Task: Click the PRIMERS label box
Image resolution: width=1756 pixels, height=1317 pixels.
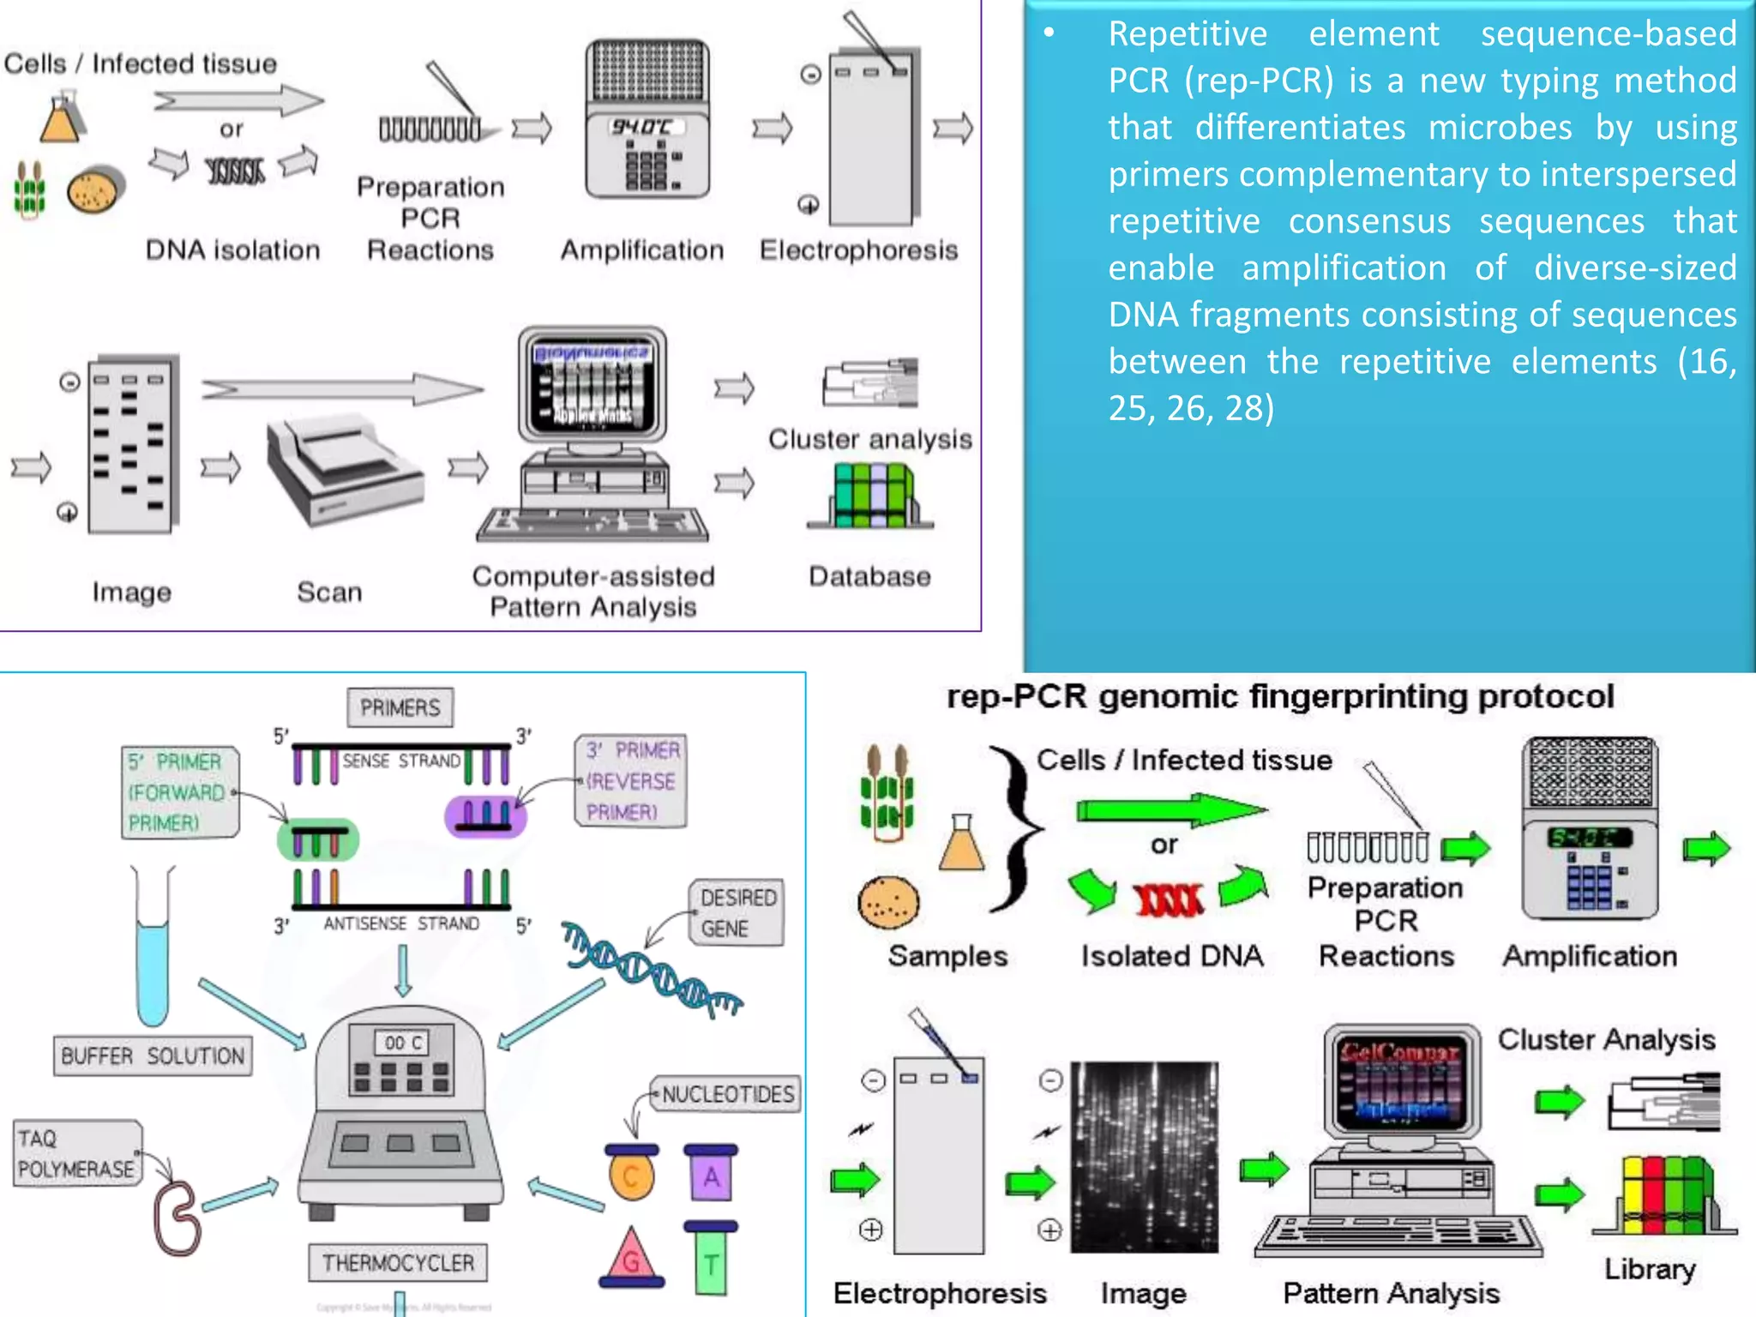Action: (400, 707)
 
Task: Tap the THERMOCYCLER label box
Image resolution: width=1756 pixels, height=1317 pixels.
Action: (398, 1262)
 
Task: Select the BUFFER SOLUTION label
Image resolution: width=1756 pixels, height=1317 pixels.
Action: (153, 1055)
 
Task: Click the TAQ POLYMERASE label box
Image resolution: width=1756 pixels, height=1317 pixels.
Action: (76, 1153)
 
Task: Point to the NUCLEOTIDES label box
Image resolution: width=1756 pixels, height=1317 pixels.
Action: (727, 1094)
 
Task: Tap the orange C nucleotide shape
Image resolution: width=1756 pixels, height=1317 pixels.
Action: (632, 1176)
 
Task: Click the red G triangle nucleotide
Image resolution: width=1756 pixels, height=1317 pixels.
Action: (632, 1257)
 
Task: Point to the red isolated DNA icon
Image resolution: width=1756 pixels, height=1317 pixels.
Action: (1169, 899)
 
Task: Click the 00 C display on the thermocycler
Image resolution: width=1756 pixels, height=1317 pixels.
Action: (402, 1043)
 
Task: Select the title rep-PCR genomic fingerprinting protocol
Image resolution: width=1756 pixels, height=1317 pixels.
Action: (1280, 696)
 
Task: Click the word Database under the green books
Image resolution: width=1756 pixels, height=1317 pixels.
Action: (869, 576)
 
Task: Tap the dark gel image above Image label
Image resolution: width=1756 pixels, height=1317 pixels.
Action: (1144, 1158)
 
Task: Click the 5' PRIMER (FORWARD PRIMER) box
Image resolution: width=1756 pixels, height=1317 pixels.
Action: (179, 792)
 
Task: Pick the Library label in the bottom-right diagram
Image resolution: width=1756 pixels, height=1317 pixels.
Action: (1650, 1269)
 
